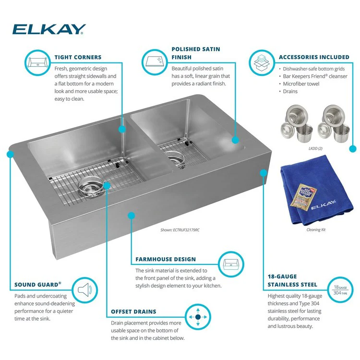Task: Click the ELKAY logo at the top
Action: [49, 30]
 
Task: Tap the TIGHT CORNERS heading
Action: [78, 57]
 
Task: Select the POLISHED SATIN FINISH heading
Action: [196, 53]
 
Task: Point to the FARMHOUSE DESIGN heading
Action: [166, 259]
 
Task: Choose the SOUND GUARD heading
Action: [38, 284]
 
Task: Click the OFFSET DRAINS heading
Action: [133, 312]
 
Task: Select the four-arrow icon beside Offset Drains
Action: [197, 317]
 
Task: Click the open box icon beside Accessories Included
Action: [261, 62]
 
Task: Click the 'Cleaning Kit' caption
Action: [316, 230]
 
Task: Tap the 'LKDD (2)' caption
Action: [316, 148]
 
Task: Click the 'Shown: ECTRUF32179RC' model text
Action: [180, 230]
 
